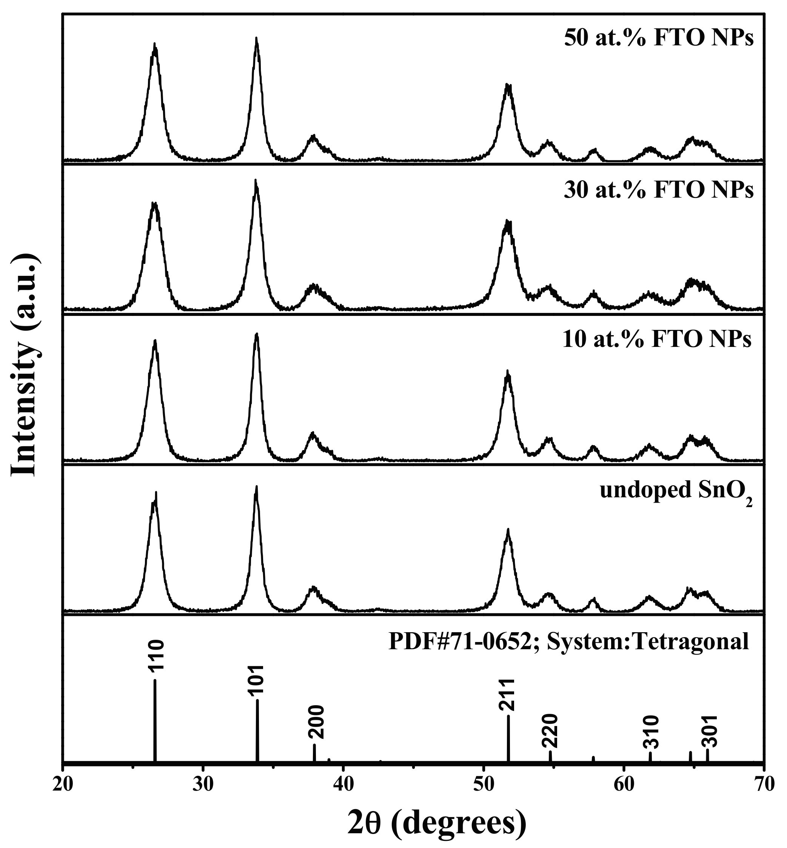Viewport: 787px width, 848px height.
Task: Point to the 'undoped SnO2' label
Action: [x=676, y=492]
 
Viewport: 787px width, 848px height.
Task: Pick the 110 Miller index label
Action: [x=156, y=656]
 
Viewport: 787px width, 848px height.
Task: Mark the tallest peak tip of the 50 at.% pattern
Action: [x=256, y=39]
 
